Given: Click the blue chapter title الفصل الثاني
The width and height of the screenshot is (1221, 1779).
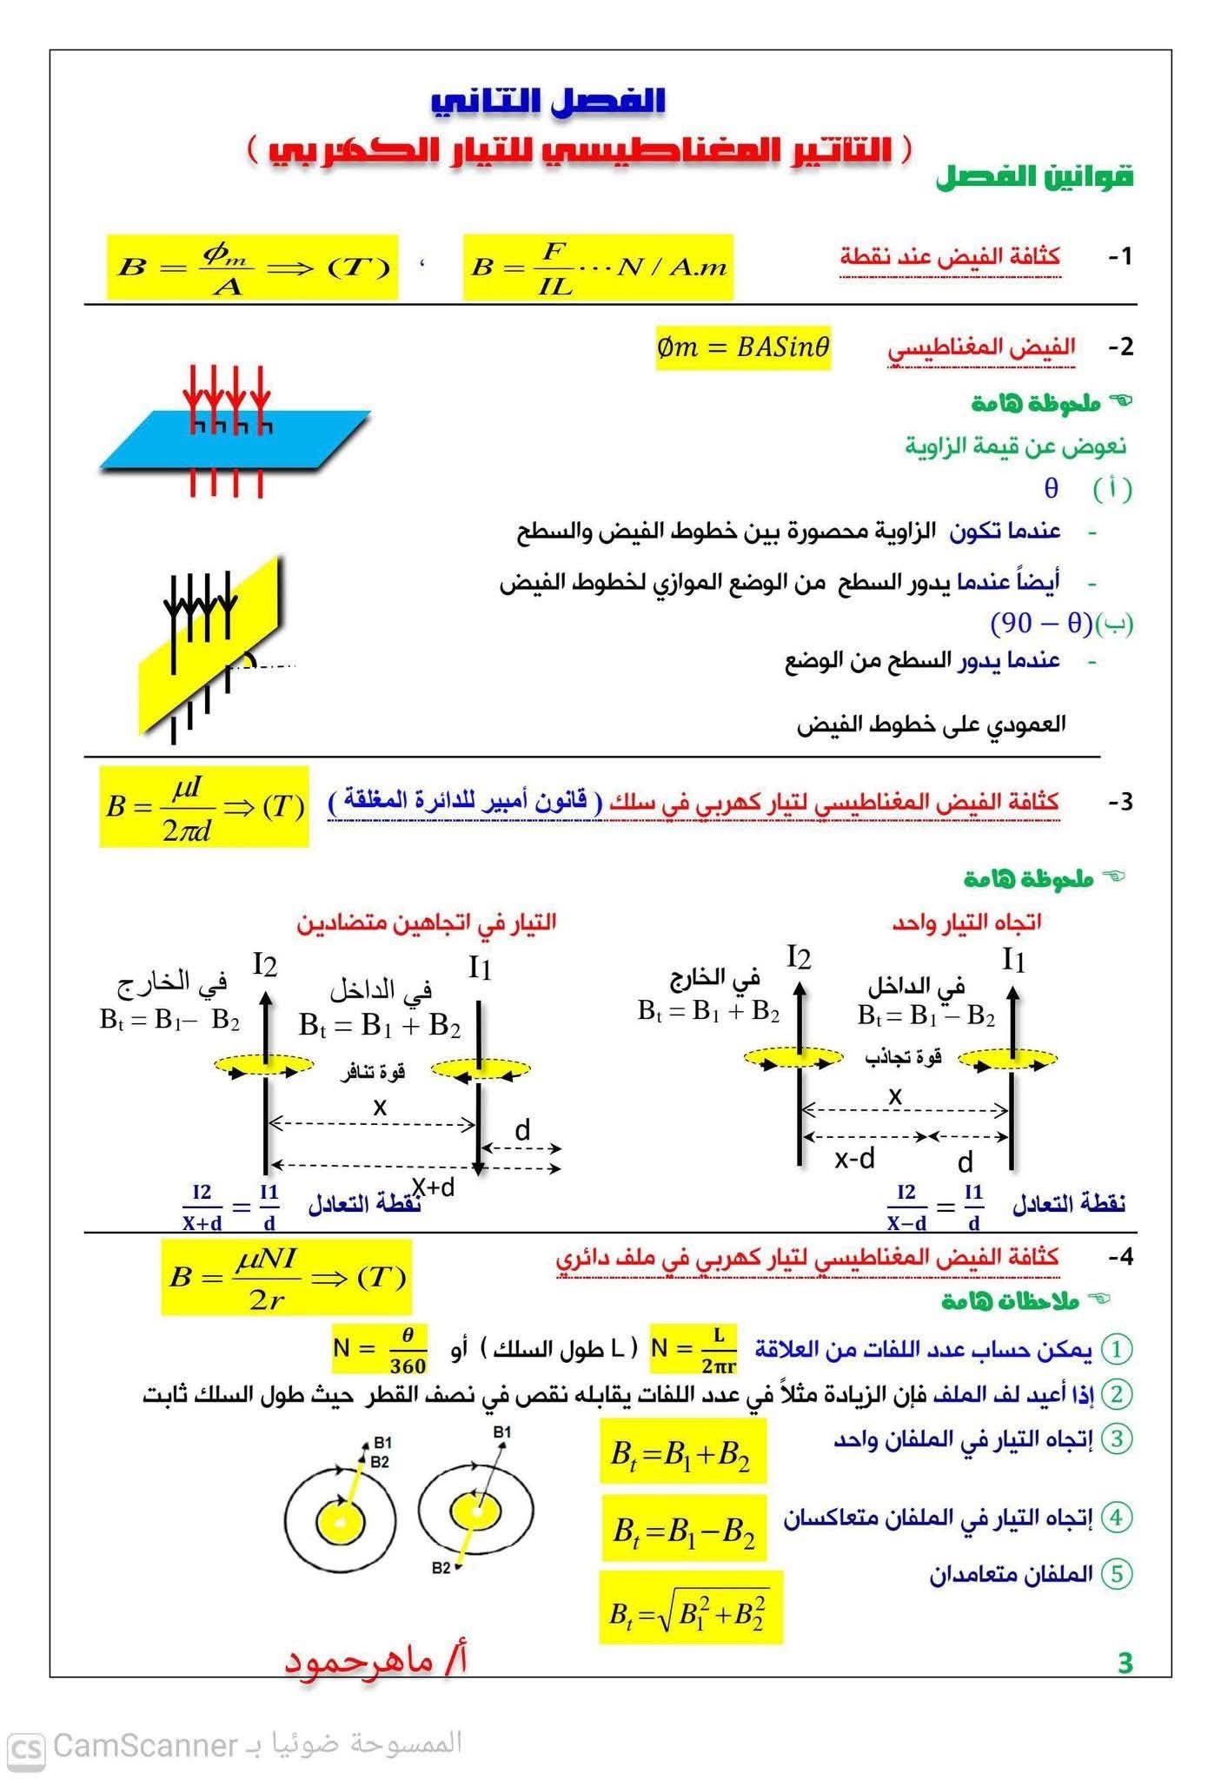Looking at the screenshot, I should (x=548, y=101).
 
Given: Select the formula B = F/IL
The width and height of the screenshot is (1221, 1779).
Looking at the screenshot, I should (x=597, y=268).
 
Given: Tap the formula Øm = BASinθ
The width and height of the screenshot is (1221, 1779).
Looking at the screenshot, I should (x=743, y=347).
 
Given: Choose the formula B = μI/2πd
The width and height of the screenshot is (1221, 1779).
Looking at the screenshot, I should (x=204, y=807).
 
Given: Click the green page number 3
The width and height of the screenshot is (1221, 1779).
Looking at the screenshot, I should (x=1125, y=1663).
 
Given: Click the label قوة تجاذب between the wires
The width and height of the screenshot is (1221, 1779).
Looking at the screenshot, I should (x=903, y=1057).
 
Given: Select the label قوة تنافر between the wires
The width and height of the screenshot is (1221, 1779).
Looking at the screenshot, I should (x=373, y=1071).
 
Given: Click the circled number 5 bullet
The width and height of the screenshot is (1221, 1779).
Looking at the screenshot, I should (x=1117, y=1573).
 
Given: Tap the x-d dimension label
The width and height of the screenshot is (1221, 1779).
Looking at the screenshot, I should (x=854, y=1159).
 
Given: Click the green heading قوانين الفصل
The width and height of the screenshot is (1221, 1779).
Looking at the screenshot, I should (x=1034, y=177).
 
